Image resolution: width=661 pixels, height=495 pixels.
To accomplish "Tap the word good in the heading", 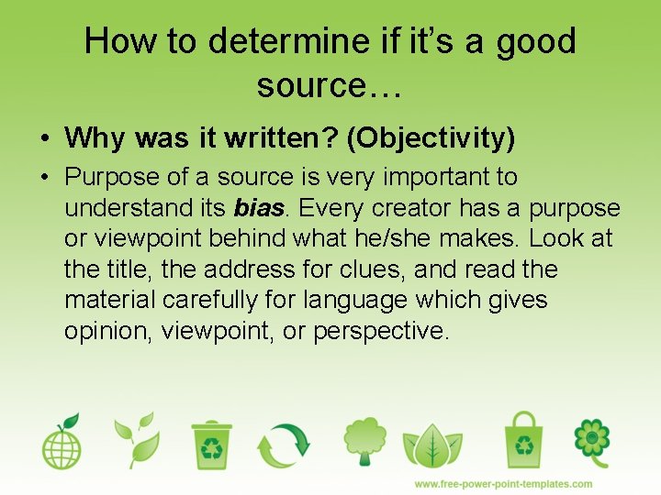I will (x=536, y=42).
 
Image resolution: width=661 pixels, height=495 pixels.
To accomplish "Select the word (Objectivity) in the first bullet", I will (x=434, y=138).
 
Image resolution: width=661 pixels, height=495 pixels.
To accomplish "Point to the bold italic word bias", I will (x=257, y=207).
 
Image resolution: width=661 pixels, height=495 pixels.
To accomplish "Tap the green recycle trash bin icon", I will (x=212, y=444).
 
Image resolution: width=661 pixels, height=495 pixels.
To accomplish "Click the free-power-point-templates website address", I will (x=503, y=484).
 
